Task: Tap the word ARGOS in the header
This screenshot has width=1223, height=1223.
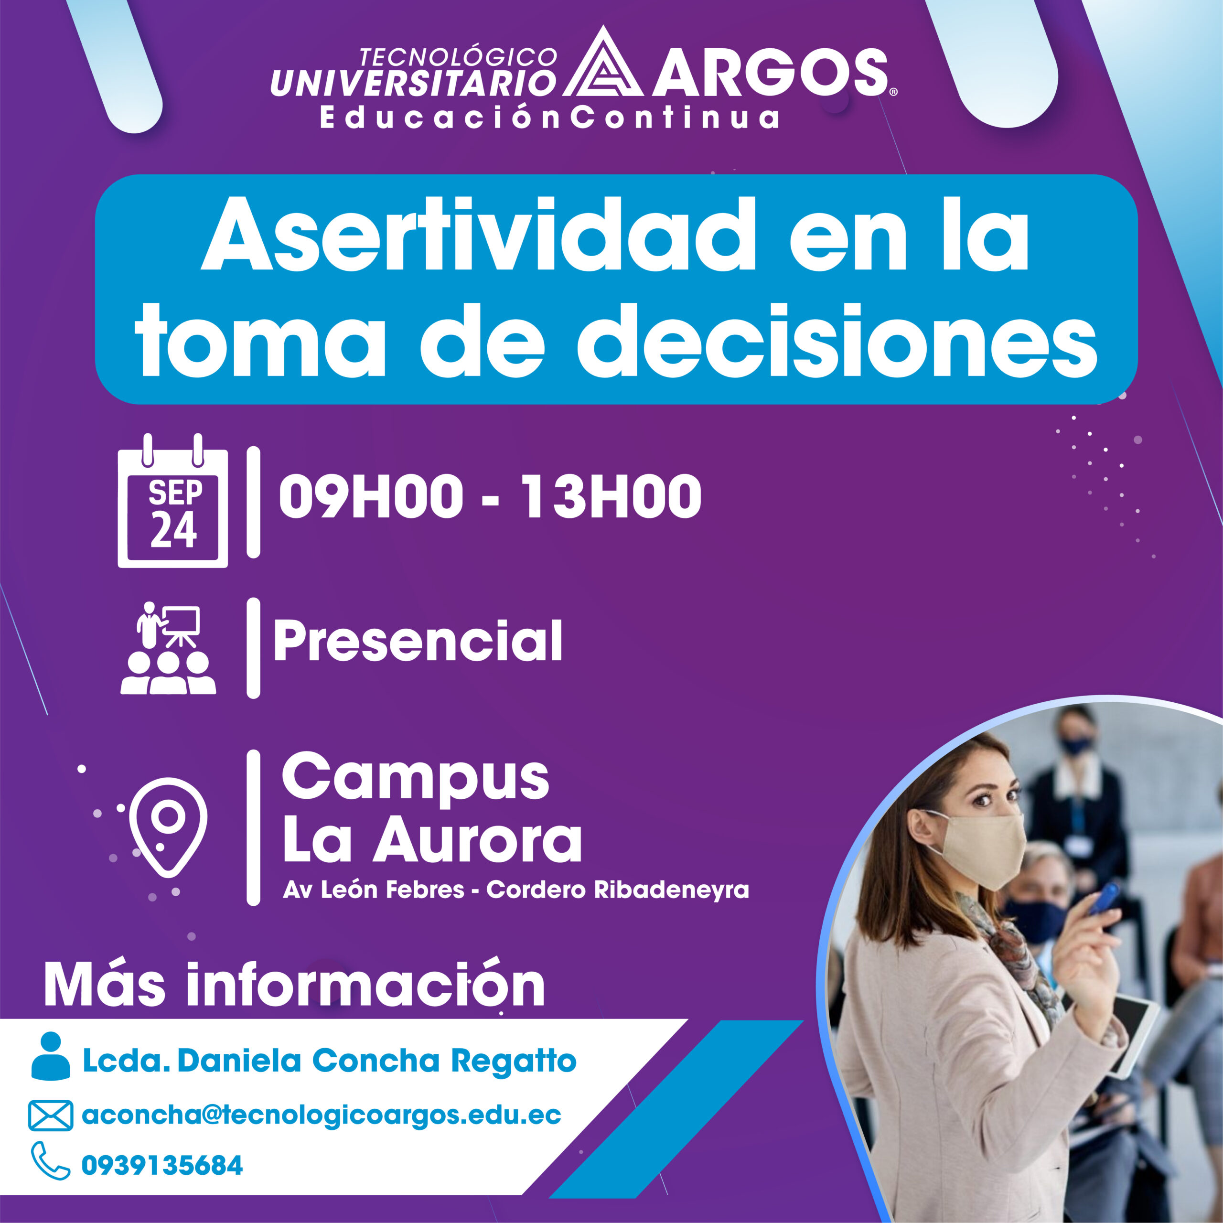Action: [770, 73]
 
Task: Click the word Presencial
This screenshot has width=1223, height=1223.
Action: [418, 641]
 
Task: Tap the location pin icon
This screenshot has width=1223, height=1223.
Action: [168, 826]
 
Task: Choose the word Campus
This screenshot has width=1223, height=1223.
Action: [415, 779]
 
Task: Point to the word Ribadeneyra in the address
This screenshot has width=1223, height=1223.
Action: [671, 890]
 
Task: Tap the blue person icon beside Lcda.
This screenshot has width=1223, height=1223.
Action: [51, 1055]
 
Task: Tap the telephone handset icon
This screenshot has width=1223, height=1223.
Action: [50, 1161]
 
